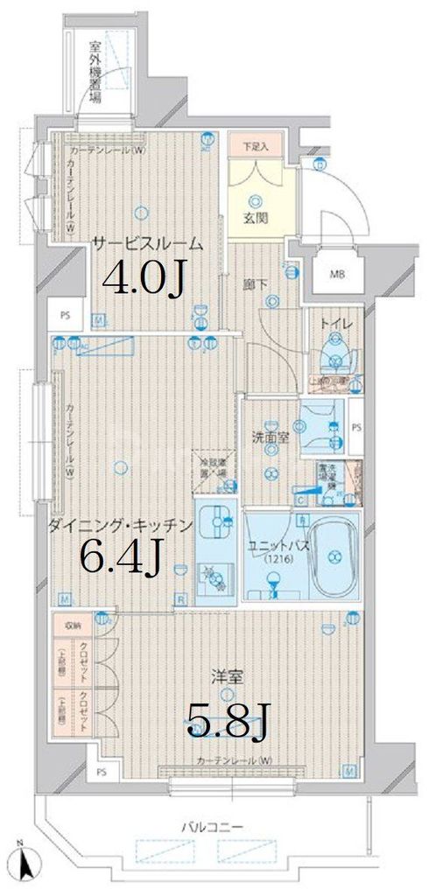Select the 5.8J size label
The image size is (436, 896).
pos(227,722)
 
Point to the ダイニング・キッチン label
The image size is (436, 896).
pos(120,526)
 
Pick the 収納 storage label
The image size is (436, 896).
pos(72,626)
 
